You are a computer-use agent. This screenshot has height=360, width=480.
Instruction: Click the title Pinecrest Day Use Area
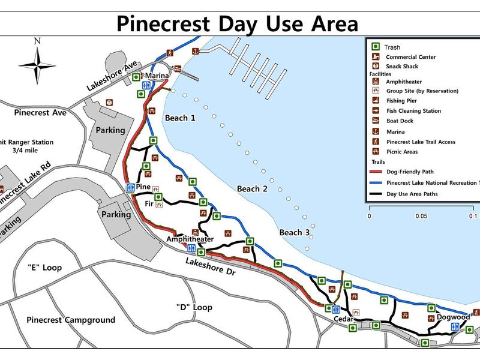(237, 23)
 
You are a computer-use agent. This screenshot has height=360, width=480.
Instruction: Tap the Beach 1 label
(180, 118)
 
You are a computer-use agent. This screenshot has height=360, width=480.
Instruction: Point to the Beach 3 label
(295, 232)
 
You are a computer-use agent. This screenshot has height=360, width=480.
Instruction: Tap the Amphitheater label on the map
(190, 239)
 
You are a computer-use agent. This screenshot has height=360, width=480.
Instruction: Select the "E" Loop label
(45, 268)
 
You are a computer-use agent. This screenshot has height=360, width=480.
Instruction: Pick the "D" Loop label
(194, 307)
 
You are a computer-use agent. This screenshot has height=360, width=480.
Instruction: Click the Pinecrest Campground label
(71, 320)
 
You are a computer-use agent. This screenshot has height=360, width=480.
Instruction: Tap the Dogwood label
(453, 317)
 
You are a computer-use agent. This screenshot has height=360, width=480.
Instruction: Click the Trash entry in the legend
(393, 47)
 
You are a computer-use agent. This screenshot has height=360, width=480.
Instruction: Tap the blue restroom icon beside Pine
(130, 188)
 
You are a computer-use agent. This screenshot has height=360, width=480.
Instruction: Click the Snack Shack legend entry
(402, 66)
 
